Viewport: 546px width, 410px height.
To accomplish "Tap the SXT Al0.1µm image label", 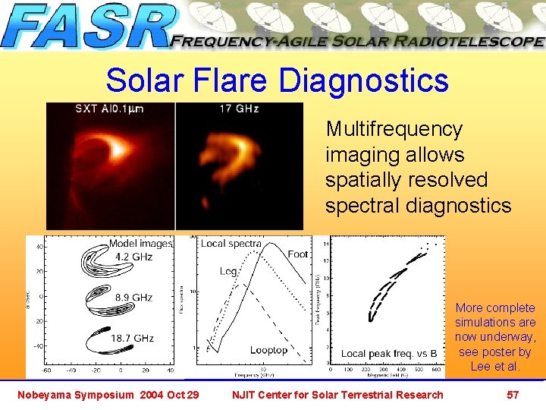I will point(109,109).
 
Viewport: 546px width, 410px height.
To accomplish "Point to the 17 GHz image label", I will point(239,109).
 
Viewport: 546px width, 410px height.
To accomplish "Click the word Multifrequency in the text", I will point(394,129).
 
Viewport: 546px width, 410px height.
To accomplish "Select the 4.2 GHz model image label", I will point(133,257).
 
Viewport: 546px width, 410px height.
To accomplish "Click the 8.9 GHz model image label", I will point(133,298).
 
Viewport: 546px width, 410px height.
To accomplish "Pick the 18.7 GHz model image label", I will point(133,338).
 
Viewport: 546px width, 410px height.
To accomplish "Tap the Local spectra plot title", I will point(231,244).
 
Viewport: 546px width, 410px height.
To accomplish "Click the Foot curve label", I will point(298,254).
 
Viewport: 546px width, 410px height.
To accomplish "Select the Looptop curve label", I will point(268,350).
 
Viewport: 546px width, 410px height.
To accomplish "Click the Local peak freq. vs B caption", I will point(388,353).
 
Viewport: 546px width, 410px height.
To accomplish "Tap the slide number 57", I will point(513,394).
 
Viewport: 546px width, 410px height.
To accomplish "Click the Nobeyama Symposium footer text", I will point(105,394).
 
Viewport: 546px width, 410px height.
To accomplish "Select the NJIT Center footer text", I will point(337,394).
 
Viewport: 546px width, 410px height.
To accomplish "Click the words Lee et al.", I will point(495,366).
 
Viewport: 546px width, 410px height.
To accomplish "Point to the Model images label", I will point(140,244).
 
